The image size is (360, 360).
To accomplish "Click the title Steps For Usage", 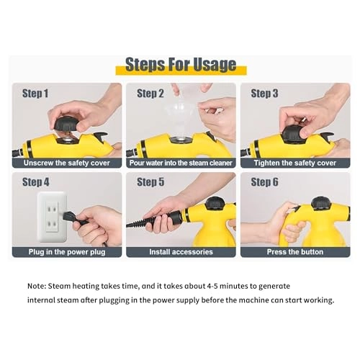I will (181, 64).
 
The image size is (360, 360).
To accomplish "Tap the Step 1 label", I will (35, 94).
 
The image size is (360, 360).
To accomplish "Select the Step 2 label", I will (150, 94).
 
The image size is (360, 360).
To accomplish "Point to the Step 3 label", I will (264, 94).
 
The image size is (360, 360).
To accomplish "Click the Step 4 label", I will (35, 182).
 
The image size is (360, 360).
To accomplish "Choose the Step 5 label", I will (150, 182).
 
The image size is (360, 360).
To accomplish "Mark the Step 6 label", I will (264, 182).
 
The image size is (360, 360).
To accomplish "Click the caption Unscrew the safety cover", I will (66, 163).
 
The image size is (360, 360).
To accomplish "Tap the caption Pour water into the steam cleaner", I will (180, 163).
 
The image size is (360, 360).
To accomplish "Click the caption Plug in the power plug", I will (66, 252).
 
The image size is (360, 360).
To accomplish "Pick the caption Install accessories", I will (180, 252).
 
